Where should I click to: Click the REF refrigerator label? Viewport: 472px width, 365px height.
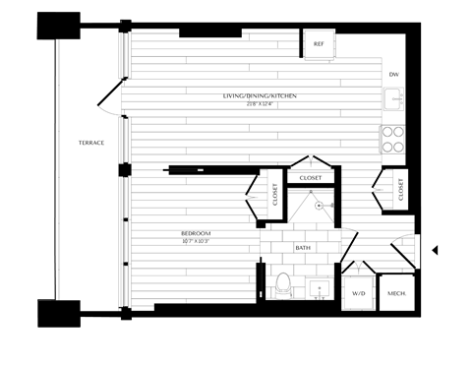pyautogui.click(x=319, y=45)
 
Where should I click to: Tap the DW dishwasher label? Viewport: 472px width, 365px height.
pyautogui.click(x=393, y=75)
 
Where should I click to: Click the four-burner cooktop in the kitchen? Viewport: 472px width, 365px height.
pyautogui.click(x=393, y=140)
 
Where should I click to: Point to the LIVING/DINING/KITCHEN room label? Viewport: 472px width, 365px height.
pyautogui.click(x=260, y=95)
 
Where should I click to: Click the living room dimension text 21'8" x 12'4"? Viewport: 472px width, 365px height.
pyautogui.click(x=260, y=102)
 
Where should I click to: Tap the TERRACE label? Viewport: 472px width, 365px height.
pyautogui.click(x=91, y=143)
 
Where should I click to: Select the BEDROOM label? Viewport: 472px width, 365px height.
pyautogui.click(x=196, y=232)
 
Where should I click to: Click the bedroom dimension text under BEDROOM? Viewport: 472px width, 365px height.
pyautogui.click(x=196, y=240)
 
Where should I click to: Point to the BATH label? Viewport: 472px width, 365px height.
pyautogui.click(x=303, y=248)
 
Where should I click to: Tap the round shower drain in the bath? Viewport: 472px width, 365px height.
pyautogui.click(x=320, y=207)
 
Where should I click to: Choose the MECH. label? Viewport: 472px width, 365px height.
pyautogui.click(x=396, y=294)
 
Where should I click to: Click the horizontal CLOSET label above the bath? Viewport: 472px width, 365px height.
pyautogui.click(x=311, y=177)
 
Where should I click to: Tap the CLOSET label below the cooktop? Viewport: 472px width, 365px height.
pyautogui.click(x=402, y=187)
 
